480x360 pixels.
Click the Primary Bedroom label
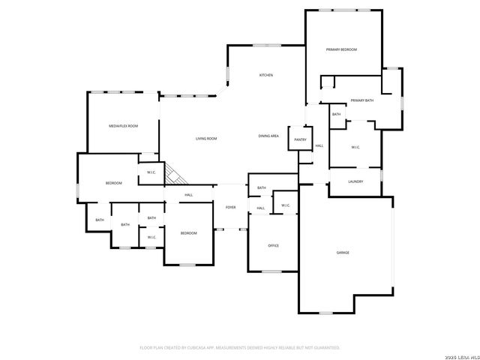point(341,49)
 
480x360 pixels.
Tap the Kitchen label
point(265,76)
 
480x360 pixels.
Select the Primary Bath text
point(361,100)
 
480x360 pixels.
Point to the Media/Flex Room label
point(124,126)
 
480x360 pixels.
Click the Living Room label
point(206,139)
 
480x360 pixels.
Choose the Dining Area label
point(268,136)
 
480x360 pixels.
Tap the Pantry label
point(300,139)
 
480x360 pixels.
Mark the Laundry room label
point(356,181)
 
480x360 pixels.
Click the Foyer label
point(230,207)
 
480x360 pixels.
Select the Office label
point(274,246)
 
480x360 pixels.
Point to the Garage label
point(342,253)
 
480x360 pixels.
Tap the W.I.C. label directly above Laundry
point(355,147)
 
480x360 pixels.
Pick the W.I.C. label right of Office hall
point(286,205)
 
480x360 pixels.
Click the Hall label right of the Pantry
point(319,145)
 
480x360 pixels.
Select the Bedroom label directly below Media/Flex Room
point(113,184)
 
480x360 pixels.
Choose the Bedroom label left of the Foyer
point(188,233)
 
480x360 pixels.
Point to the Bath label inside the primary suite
point(336,115)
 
